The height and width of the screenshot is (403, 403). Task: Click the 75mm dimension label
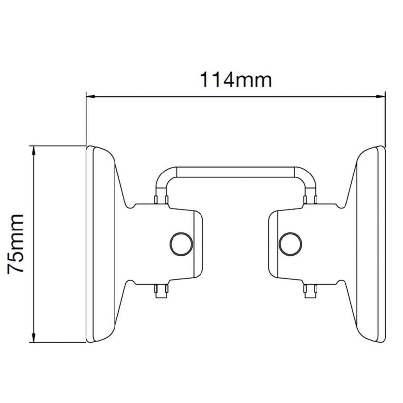pyautogui.click(x=16, y=243)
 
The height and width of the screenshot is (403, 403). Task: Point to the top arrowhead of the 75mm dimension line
pyautogui.click(x=33, y=150)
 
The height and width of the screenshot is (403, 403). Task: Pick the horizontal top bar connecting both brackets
pyautogui.click(x=235, y=171)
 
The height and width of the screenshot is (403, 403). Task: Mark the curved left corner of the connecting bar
pyautogui.click(x=163, y=176)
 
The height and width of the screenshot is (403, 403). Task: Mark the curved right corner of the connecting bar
pyautogui.click(x=308, y=176)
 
